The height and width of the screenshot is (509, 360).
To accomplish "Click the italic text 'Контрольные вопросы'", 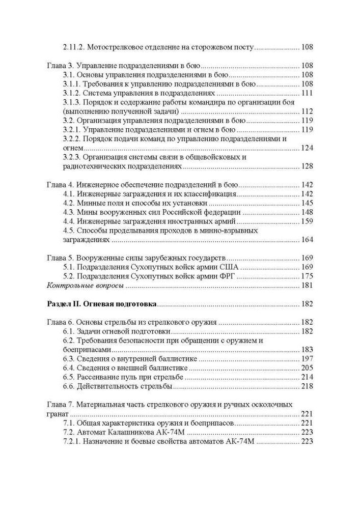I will pyautogui.click(x=85, y=286).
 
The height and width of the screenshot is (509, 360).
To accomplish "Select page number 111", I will pyautogui.click(x=307, y=93).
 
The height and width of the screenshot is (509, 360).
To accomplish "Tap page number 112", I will pyautogui.click(x=307, y=111).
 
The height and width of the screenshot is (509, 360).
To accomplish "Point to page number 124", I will pyautogui.click(x=307, y=148).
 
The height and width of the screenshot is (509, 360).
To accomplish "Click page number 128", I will pyautogui.click(x=307, y=166).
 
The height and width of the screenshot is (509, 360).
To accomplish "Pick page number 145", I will pyautogui.click(x=307, y=203).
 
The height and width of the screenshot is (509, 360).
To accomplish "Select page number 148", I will pyautogui.click(x=307, y=212).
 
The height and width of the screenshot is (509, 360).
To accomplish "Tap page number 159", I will pyautogui.click(x=307, y=221).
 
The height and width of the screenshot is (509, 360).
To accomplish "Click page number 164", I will pyautogui.click(x=307, y=240).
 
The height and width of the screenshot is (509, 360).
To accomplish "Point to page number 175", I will pyautogui.click(x=307, y=276).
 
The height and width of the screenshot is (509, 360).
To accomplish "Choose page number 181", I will pyautogui.click(x=307, y=286).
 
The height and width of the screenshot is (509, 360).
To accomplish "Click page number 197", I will pyautogui.click(x=307, y=359).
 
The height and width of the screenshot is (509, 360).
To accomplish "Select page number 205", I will pyautogui.click(x=307, y=369).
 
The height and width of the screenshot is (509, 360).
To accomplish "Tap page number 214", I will pyautogui.click(x=307, y=378).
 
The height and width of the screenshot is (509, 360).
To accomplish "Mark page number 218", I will pyautogui.click(x=307, y=387).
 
